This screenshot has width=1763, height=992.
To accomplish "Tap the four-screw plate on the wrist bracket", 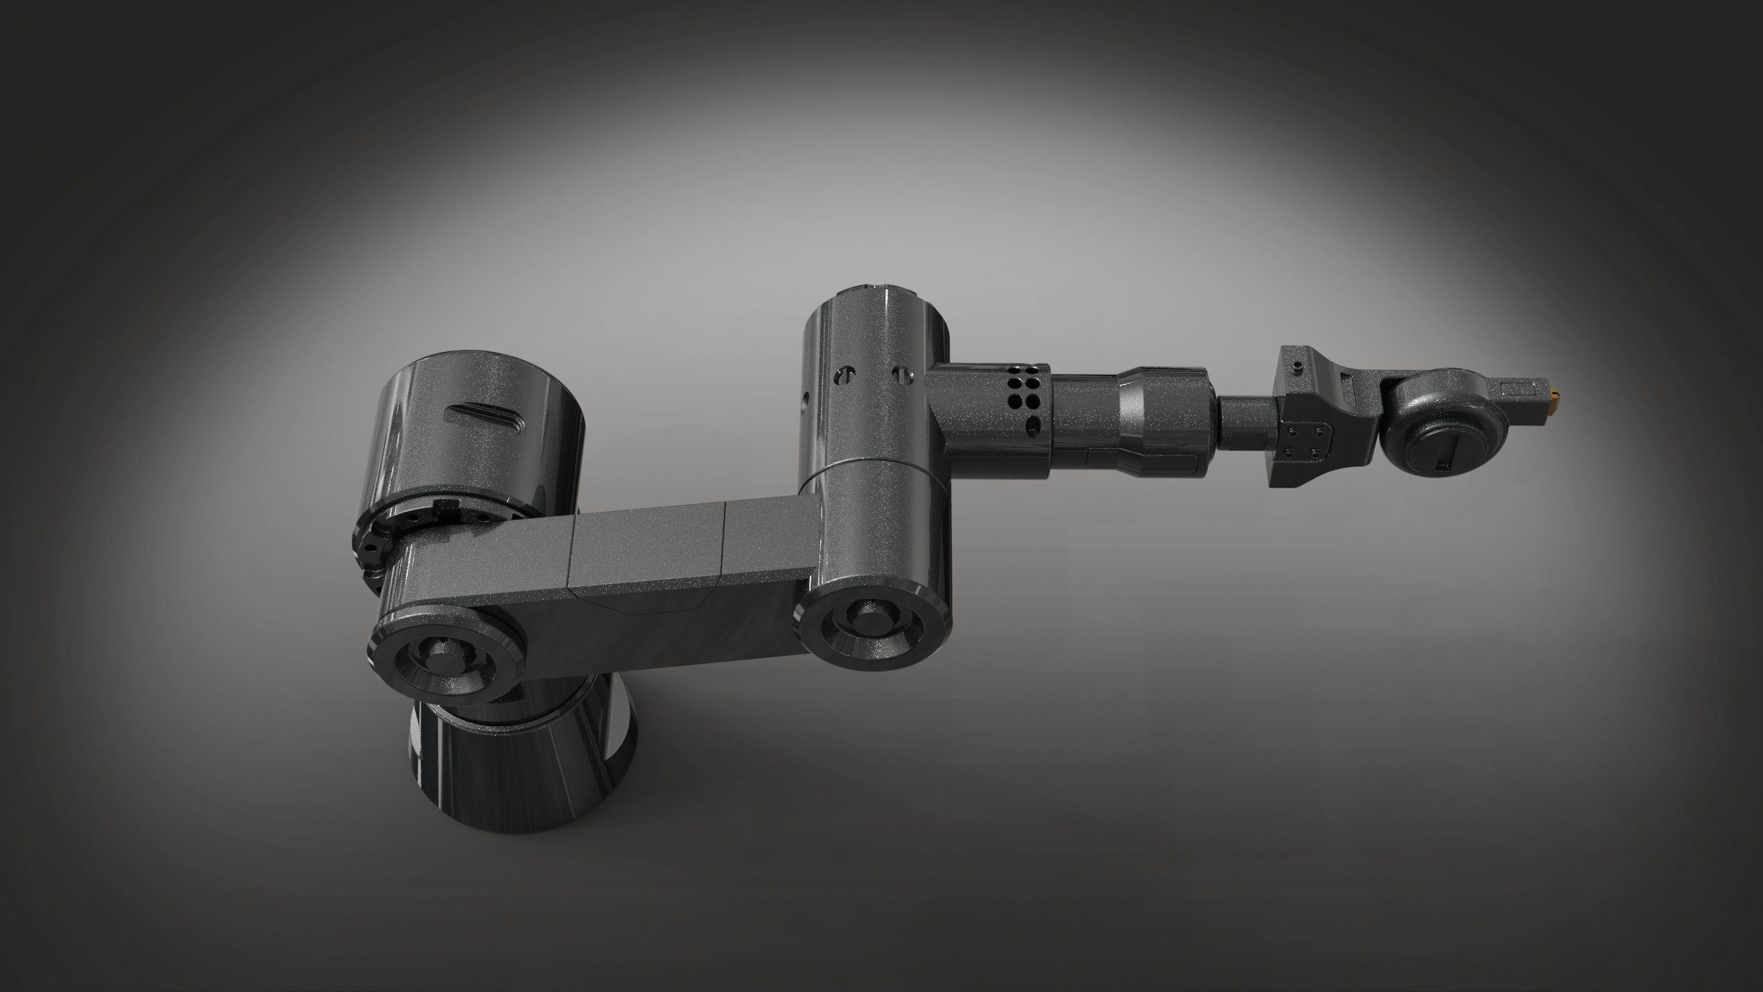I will pyautogui.click(x=1305, y=441).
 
